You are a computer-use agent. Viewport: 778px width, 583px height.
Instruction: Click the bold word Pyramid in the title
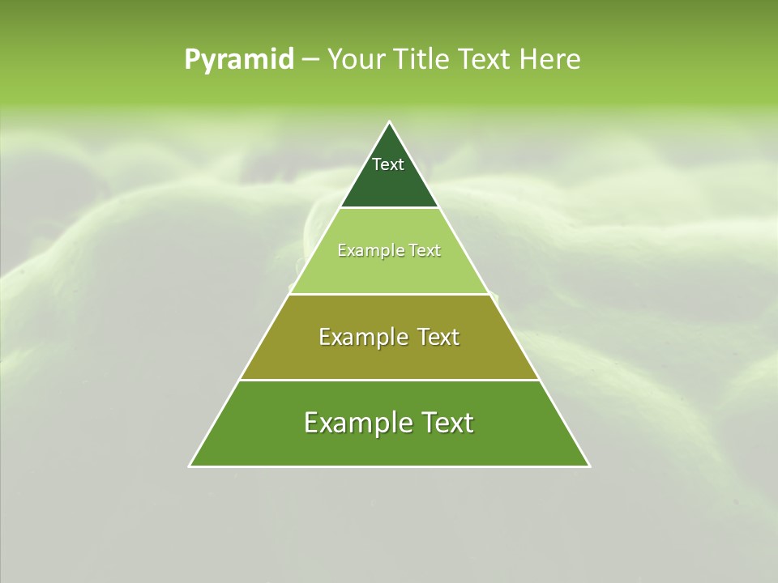[238, 60]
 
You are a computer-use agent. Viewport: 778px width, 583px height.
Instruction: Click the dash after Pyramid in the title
[310, 60]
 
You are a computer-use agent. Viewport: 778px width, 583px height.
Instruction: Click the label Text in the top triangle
[388, 164]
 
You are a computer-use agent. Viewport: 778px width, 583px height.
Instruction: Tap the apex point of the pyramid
[389, 123]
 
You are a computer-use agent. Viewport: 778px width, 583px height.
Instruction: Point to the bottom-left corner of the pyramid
[190, 466]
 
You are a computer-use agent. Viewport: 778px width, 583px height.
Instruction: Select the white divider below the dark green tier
[389, 208]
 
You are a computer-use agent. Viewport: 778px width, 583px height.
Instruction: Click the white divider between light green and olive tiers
[389, 294]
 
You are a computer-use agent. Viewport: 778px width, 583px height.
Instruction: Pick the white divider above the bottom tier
[389, 380]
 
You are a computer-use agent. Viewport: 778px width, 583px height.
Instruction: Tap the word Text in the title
[485, 60]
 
